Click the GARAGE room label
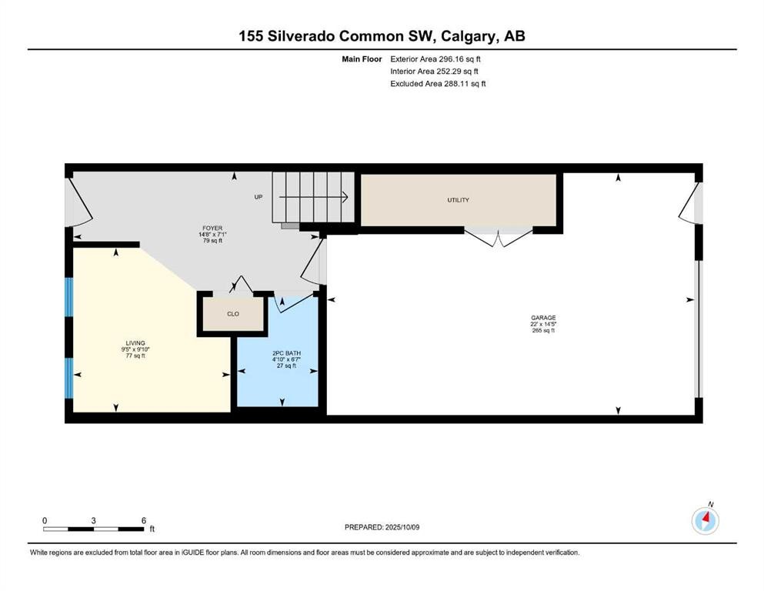(x=542, y=318)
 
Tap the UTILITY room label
(x=458, y=200)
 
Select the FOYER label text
(x=212, y=229)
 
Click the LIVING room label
(x=135, y=343)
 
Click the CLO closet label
(x=232, y=314)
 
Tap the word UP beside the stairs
(x=259, y=197)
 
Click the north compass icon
(x=706, y=520)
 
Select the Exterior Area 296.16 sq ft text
(x=435, y=58)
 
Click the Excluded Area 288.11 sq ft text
(x=438, y=83)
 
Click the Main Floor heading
(x=362, y=58)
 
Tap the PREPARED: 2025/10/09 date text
(x=383, y=527)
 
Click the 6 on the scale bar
(x=143, y=520)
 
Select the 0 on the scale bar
(x=45, y=520)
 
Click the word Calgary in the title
(x=461, y=36)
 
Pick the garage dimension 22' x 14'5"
(x=542, y=324)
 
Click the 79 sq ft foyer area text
(x=212, y=241)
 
